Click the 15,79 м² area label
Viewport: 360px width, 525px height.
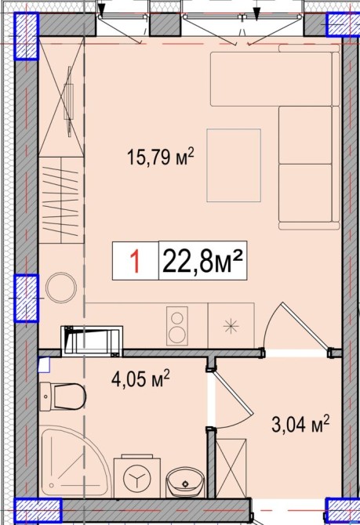pos(161,157)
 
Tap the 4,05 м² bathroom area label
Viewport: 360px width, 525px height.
pos(140,378)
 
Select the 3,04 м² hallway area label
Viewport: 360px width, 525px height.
pos(300,425)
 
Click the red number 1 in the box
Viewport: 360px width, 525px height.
pos(135,262)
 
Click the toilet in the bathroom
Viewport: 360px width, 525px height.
pos(63,396)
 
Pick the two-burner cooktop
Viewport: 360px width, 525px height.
pos(177,325)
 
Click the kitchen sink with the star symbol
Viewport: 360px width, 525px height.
pos(231,325)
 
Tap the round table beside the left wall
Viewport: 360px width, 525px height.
pos(61,288)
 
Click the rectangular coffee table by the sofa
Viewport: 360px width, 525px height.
pos(234,165)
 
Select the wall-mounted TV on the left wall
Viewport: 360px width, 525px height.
pos(69,102)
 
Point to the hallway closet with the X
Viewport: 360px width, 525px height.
pos(231,468)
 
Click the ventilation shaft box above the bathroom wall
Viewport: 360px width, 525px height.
pos(92,340)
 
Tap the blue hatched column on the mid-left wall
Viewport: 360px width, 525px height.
pos(26,298)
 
